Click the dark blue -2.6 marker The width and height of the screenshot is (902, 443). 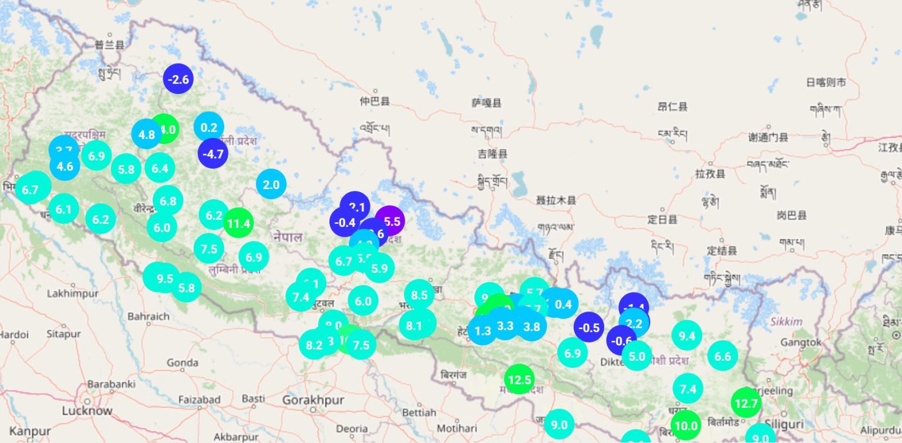point(178,79)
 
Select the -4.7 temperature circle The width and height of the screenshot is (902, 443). point(213,154)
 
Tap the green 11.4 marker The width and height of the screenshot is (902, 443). point(238,223)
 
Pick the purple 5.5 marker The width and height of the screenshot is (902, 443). point(391,221)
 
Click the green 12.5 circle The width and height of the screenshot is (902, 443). point(520,380)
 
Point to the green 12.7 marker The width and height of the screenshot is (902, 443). point(746,403)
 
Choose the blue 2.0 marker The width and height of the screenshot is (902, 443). point(271,184)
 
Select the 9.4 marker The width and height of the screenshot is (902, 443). point(686,336)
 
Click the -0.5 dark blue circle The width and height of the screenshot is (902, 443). point(588,328)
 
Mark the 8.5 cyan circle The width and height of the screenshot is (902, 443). point(419,295)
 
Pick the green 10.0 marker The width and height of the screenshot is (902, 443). point(685,426)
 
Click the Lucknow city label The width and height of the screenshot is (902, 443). point(87,411)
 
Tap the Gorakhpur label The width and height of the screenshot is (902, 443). point(312,400)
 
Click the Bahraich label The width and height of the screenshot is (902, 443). point(148,316)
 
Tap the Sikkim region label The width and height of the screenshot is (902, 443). point(786,321)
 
